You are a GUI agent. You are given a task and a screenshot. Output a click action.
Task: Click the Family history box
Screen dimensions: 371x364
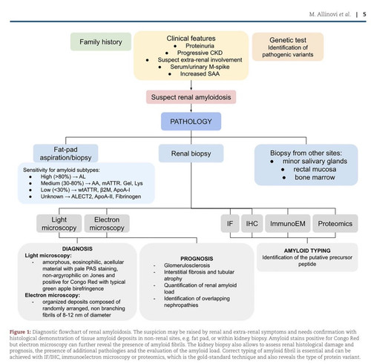pyautogui.click(x=101, y=42)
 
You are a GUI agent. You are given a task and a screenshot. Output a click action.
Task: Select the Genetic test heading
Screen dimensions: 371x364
pyautogui.click(x=288, y=40)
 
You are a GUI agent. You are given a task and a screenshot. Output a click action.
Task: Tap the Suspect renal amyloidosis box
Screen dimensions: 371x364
pyautogui.click(x=191, y=97)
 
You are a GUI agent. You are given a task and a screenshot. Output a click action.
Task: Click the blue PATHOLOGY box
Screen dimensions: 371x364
pyautogui.click(x=191, y=122)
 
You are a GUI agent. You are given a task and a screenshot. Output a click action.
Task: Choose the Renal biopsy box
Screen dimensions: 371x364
pyautogui.click(x=191, y=153)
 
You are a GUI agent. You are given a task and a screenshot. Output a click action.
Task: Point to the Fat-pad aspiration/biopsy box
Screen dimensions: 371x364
pyautogui.click(x=65, y=153)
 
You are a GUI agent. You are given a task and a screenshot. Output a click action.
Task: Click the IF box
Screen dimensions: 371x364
pyautogui.click(x=230, y=224)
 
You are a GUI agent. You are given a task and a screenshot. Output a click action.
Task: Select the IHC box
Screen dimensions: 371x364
pyautogui.click(x=252, y=224)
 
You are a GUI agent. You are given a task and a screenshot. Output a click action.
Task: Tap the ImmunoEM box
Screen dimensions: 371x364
pyautogui.click(x=288, y=224)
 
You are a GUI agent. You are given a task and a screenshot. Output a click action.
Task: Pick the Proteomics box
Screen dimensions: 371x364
pyautogui.click(x=335, y=224)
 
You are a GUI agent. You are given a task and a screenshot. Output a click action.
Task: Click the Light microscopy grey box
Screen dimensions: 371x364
pyautogui.click(x=59, y=224)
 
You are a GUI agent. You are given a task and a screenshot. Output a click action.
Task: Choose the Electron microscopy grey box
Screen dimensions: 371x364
pyautogui.click(x=107, y=224)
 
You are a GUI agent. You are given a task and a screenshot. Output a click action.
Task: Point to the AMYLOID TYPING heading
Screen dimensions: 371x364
pyautogui.click(x=307, y=251)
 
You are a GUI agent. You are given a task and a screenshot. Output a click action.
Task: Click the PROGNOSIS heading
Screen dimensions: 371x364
pyautogui.click(x=197, y=259)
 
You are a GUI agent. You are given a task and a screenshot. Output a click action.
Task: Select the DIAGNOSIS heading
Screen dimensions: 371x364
pyautogui.click(x=77, y=249)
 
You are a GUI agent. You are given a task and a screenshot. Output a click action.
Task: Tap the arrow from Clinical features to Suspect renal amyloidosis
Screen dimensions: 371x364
pyautogui.click(x=191, y=85)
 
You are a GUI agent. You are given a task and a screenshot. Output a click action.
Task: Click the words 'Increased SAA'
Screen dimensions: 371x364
pyautogui.click(x=200, y=73)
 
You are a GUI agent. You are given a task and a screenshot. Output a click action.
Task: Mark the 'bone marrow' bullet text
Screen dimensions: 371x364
pyautogui.click(x=315, y=177)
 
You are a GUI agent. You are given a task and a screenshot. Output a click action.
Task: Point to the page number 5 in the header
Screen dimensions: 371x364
pyautogui.click(x=364, y=14)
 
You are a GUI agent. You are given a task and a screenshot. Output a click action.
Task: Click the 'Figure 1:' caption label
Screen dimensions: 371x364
pyautogui.click(x=20, y=331)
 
